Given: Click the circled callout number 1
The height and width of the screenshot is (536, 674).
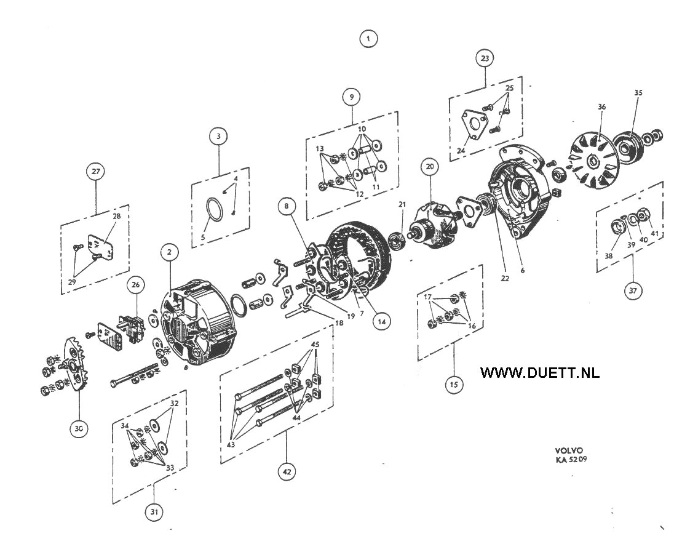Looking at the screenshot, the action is (x=368, y=39).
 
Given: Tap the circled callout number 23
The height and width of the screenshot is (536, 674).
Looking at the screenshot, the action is (x=485, y=58).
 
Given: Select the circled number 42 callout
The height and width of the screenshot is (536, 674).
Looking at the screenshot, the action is (x=287, y=472).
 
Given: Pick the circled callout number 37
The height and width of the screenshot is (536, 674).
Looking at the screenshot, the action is (x=633, y=291).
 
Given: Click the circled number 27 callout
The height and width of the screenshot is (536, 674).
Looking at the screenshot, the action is (x=96, y=171).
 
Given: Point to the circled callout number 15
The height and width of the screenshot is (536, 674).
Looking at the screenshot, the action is (x=454, y=385).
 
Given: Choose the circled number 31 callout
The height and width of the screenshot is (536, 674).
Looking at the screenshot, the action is (x=154, y=512).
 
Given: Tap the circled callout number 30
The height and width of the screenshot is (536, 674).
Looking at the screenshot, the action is (x=79, y=428).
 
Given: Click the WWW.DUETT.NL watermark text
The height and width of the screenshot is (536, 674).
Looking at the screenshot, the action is (x=540, y=372).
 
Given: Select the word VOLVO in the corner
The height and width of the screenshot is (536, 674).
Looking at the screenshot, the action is (x=569, y=451).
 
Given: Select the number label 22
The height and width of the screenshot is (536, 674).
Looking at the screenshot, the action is (x=505, y=278).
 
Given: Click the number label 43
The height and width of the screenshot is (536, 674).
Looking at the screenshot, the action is (x=231, y=444).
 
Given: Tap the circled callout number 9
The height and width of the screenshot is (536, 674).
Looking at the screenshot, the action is (x=352, y=97).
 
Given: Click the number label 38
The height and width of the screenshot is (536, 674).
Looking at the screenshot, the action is (x=609, y=256).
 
